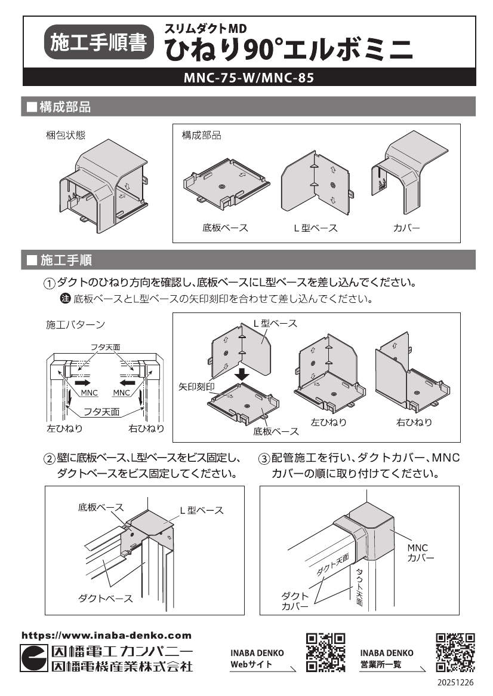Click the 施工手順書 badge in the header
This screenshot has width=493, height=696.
(x=99, y=44)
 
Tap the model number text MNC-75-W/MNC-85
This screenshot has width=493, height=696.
(x=249, y=78)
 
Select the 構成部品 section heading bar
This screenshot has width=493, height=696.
(x=249, y=107)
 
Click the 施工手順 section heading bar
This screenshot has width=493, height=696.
(x=249, y=260)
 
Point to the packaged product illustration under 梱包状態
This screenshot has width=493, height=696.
(x=103, y=183)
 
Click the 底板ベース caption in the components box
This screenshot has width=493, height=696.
(x=225, y=228)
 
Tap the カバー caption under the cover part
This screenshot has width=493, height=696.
(x=406, y=228)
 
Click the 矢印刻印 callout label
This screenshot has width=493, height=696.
(x=196, y=387)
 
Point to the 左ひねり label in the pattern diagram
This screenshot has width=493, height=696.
(x=64, y=428)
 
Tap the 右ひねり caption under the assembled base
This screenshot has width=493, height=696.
(x=414, y=422)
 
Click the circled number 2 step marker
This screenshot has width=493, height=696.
(x=50, y=459)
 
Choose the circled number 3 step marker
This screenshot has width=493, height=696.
(x=264, y=459)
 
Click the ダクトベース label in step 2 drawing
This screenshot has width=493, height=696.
(x=106, y=598)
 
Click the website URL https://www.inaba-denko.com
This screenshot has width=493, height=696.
(x=107, y=636)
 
